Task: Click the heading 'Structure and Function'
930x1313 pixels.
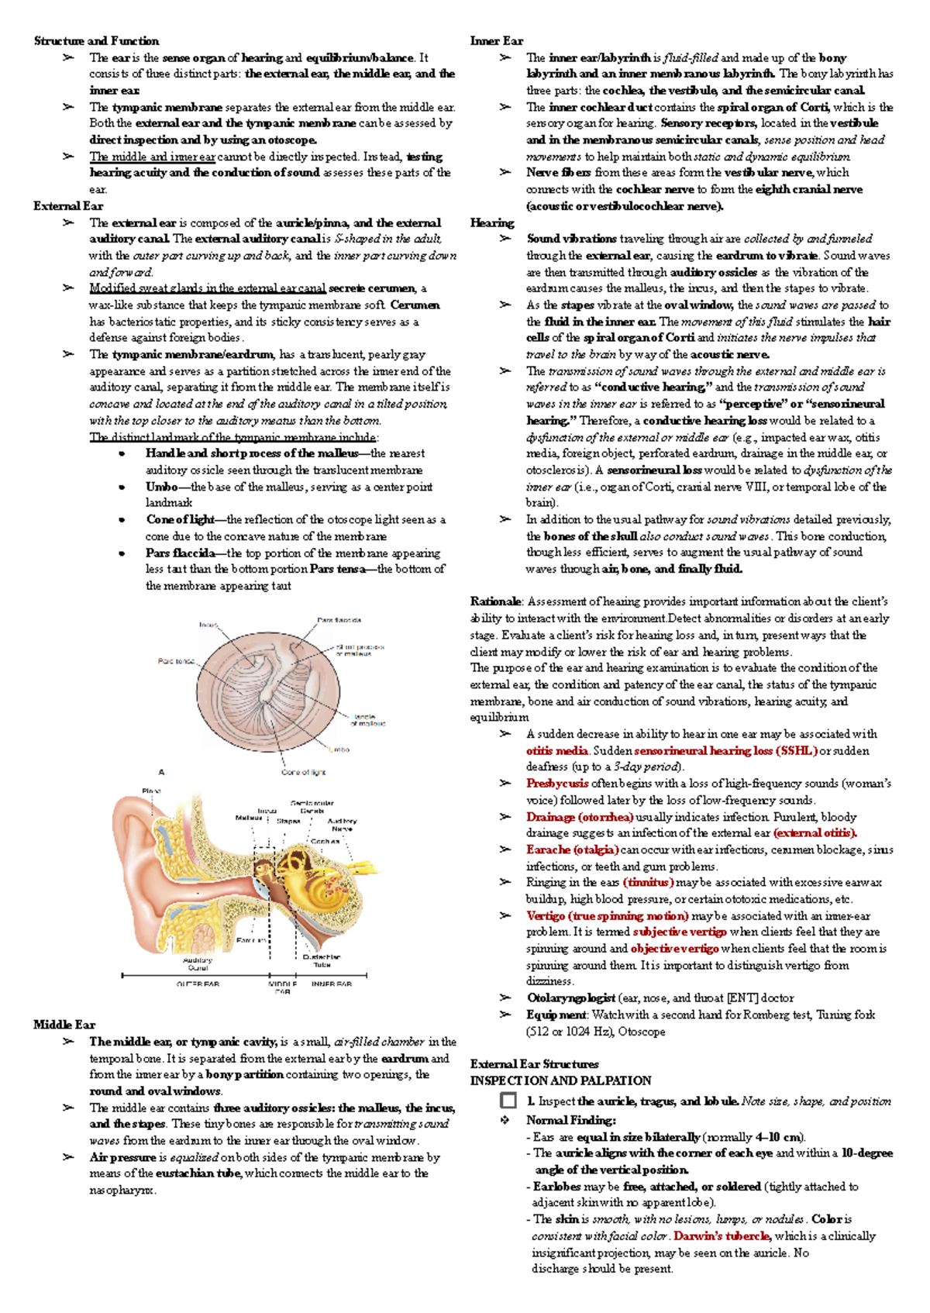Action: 96,41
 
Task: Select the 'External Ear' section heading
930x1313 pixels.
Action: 68,206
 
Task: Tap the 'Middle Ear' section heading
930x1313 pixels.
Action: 64,1025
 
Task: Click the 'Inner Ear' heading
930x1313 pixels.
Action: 497,41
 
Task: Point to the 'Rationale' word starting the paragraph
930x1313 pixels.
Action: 495,601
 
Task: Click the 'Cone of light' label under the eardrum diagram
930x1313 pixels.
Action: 304,772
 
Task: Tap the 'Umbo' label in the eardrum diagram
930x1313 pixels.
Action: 339,750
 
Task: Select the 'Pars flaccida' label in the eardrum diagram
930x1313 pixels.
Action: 339,620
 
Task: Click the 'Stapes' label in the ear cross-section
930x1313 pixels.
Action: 288,820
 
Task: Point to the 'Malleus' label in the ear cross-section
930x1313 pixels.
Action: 249,818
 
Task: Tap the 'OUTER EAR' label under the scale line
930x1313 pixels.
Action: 198,984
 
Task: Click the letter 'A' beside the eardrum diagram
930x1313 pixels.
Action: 162,772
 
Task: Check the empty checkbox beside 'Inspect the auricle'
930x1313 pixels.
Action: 508,1101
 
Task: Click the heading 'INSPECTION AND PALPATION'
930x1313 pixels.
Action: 560,1080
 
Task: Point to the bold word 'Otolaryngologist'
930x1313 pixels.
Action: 571,998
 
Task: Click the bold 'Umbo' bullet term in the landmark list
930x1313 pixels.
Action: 161,487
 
